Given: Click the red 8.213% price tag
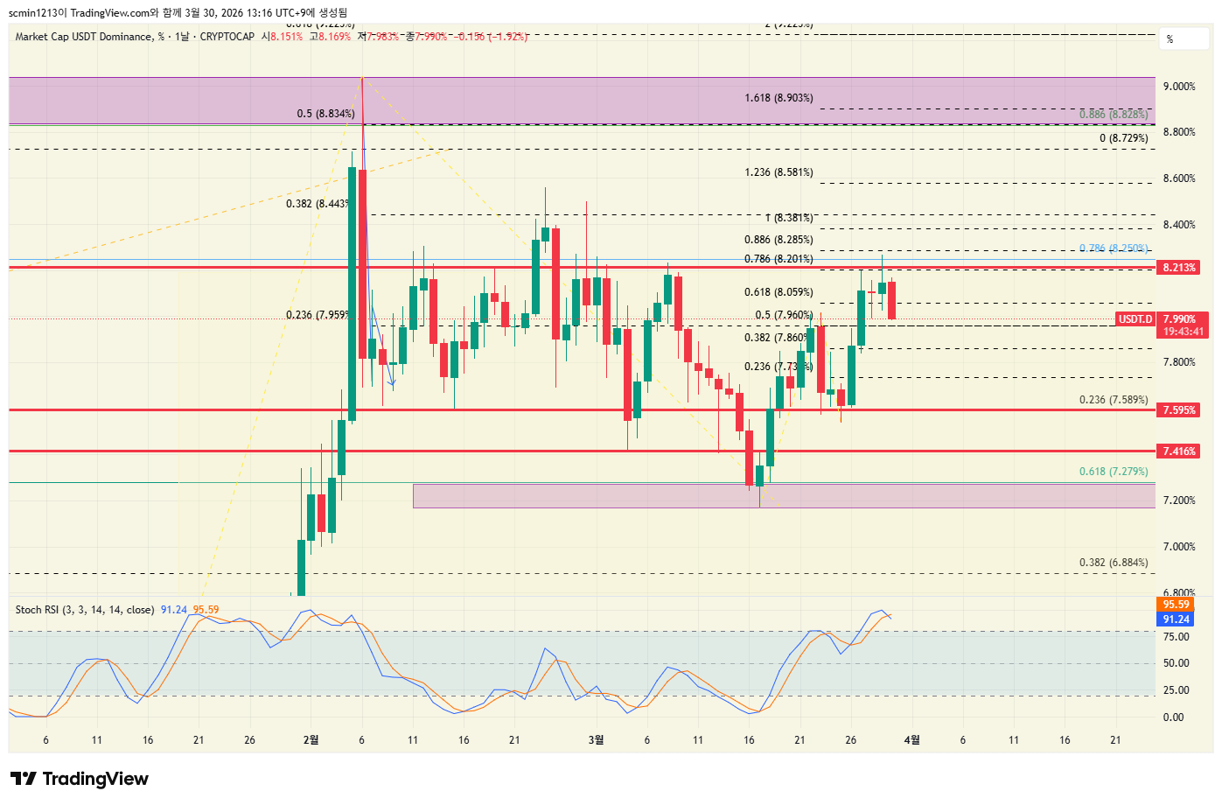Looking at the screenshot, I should (1178, 267).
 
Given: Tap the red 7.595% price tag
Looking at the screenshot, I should (1178, 409).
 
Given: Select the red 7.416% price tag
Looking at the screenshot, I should (1178, 451).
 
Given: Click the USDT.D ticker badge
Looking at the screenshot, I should (1135, 319).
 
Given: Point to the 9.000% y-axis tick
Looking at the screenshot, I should (1178, 86).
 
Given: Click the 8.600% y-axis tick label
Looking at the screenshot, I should (1178, 178).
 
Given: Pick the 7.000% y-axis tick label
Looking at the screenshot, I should (1178, 547).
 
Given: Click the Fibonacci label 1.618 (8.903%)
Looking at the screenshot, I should (779, 98).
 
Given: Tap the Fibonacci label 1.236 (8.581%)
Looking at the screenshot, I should (779, 172).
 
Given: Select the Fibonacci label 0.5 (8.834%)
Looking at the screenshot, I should (325, 114).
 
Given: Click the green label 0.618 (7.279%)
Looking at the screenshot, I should (1113, 472).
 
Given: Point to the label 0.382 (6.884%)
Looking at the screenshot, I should (1113, 563).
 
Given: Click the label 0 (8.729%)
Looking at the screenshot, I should (1123, 138).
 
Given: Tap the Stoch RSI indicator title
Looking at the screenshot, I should (85, 610).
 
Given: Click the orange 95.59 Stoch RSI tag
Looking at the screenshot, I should (1176, 605).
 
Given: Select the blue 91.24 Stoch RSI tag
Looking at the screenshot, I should (1176, 619).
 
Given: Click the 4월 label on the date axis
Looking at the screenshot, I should (911, 740).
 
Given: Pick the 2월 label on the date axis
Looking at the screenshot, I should (311, 740).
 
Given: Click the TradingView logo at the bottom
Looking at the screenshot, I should (80, 779).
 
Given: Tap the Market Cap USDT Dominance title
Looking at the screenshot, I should (83, 37).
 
